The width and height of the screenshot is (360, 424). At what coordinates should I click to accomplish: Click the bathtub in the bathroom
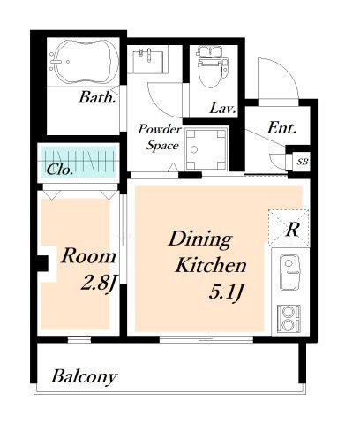84,62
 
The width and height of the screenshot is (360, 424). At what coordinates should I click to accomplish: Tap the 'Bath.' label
97,97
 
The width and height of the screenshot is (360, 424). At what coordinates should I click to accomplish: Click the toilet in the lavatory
213,66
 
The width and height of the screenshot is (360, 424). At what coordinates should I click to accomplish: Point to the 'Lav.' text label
222,109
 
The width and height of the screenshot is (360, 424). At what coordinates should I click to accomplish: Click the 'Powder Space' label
160,137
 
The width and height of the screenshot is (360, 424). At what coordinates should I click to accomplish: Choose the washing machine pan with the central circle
206,149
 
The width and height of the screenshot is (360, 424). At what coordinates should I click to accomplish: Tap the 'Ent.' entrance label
281,128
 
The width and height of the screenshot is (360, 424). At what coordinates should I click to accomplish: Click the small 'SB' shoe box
303,162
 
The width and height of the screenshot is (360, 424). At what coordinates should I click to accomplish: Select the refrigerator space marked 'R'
289,228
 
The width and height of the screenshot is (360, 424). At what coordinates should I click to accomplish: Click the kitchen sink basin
289,272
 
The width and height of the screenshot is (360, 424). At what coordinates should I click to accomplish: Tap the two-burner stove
289,319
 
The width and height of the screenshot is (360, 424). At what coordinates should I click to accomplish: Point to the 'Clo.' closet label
60,170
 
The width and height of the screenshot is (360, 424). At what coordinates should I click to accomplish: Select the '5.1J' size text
226,292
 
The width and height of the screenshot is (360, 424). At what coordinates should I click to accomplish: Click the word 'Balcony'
85,376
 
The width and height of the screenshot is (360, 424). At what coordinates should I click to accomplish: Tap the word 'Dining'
201,240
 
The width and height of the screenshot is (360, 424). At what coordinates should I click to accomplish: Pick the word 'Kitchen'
211,265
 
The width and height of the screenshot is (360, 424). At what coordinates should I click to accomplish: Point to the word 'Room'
88,256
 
